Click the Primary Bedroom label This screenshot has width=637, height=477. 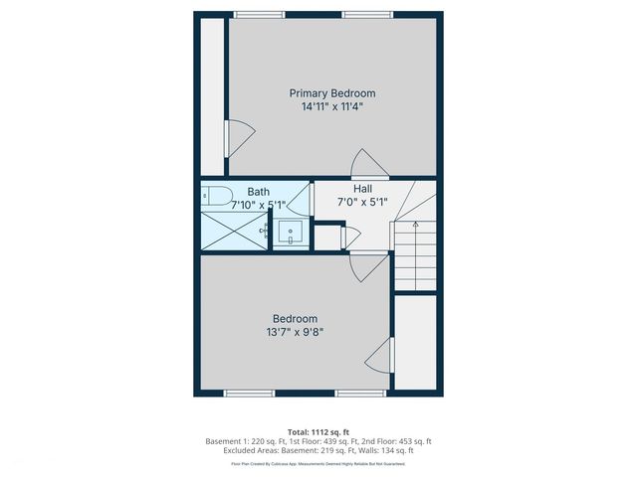332,92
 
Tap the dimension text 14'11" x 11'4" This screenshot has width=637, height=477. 332,106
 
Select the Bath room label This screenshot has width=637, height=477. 259,192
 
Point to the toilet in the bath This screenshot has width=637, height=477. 217,194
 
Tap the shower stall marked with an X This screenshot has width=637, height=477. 231,231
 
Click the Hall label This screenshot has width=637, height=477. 362,188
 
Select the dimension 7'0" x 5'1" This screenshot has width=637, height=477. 362,202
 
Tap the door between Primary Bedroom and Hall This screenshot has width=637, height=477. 365,165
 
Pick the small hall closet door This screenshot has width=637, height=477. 348,237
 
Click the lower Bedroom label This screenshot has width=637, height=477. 295,318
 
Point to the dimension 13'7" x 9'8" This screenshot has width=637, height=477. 295,332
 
